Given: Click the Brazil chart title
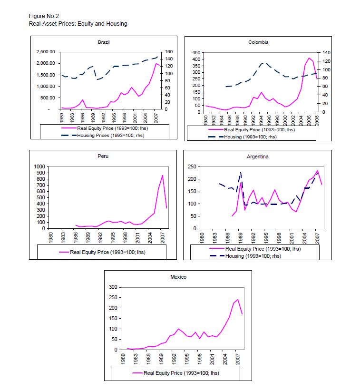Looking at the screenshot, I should (104, 42).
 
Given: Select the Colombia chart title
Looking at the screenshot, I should (258, 42).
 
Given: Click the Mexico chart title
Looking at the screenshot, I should (178, 276).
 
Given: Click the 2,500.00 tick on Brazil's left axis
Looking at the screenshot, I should (45, 51).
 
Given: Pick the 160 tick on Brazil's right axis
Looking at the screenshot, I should (170, 51).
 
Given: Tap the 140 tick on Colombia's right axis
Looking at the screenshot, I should (325, 53).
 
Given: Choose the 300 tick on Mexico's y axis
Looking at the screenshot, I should (113, 287).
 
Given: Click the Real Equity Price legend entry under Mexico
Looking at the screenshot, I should (181, 373).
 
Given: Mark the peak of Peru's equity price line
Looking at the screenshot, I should (163, 175).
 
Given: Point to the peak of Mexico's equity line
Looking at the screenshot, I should (237, 300).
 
